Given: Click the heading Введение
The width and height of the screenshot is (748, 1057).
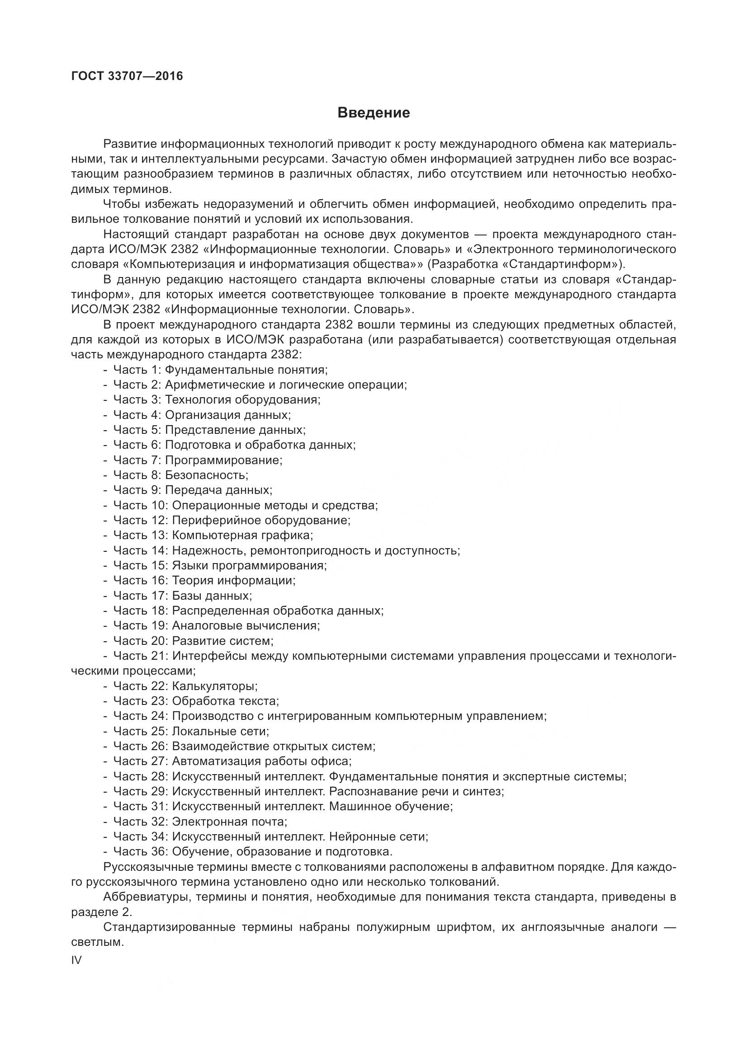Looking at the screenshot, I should [x=374, y=113].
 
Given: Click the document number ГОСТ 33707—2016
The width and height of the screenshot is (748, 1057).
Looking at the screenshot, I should [x=127, y=76].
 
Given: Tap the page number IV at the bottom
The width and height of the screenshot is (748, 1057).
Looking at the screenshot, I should [x=76, y=960].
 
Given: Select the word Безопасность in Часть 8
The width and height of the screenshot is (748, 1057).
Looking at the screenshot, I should [x=206, y=474].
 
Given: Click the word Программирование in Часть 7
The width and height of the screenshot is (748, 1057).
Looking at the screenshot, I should [x=223, y=460].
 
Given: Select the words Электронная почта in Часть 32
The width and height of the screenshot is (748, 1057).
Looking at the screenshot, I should [x=229, y=821].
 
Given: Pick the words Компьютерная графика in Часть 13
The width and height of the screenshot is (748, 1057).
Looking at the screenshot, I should [x=242, y=535].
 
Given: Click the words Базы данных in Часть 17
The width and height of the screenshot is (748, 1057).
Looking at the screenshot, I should [x=212, y=595].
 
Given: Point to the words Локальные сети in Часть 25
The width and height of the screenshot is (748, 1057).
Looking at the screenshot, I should [x=220, y=731].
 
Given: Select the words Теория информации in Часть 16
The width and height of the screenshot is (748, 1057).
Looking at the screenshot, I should [x=233, y=580].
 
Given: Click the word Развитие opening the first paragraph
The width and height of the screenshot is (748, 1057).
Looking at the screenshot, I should [x=130, y=144].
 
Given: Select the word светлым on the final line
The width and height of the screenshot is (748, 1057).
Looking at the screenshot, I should [x=97, y=942].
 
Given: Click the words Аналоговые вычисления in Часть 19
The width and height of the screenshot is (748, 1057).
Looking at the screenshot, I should [x=246, y=625].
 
